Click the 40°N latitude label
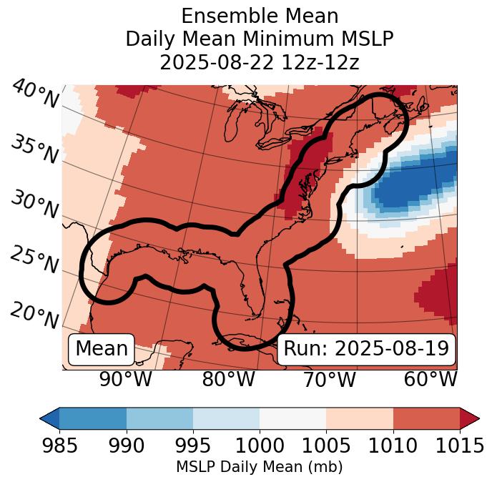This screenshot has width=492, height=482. [x=34, y=94]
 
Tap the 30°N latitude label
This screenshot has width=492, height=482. [x=34, y=205]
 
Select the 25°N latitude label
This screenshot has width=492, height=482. [x=34, y=260]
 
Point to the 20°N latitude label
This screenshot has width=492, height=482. [x=34, y=315]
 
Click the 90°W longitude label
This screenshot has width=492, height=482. [x=126, y=379]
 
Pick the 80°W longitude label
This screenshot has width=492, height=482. [x=228, y=379]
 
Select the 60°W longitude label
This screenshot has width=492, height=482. [x=431, y=379]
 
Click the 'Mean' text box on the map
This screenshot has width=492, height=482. [x=102, y=349]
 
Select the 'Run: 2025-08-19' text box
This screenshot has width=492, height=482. [x=366, y=349]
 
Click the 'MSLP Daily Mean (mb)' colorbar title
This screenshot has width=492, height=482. [x=259, y=467]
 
